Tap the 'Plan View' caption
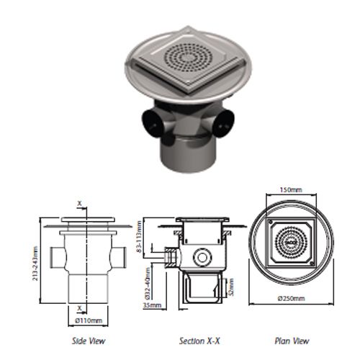[x=292, y=341]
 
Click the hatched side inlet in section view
[x=170, y=256]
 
